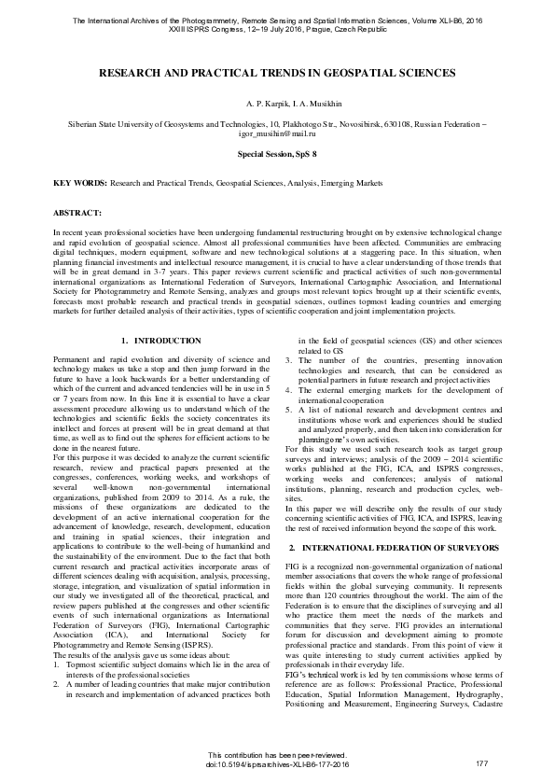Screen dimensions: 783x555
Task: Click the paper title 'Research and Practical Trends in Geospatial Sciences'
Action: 277,72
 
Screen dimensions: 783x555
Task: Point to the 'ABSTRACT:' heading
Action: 77,213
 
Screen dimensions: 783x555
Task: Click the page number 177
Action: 482,764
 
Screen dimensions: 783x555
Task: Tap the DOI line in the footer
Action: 277,764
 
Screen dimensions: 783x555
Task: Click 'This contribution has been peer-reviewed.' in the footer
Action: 277,755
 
